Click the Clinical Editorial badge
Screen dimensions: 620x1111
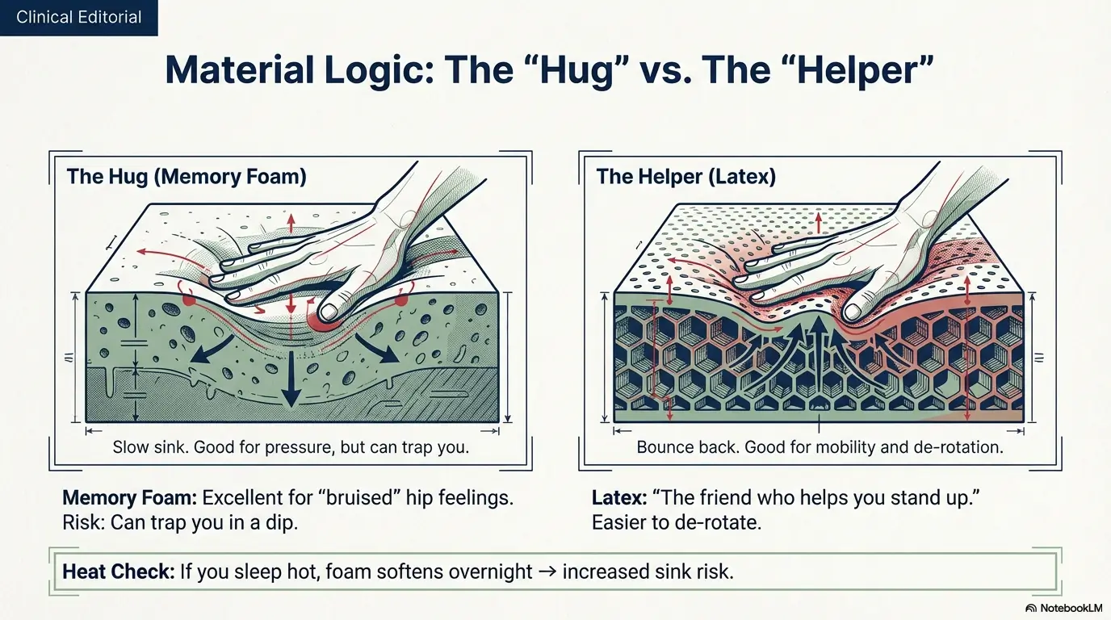coord(78,17)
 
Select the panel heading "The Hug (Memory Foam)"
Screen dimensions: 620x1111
coord(187,177)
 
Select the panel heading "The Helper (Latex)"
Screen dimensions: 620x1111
coord(685,177)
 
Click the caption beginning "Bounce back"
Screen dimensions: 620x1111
coord(820,446)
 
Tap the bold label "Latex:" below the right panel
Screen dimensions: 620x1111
coord(616,497)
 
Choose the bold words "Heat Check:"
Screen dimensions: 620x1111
coord(118,572)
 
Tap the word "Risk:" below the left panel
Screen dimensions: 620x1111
coord(83,522)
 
